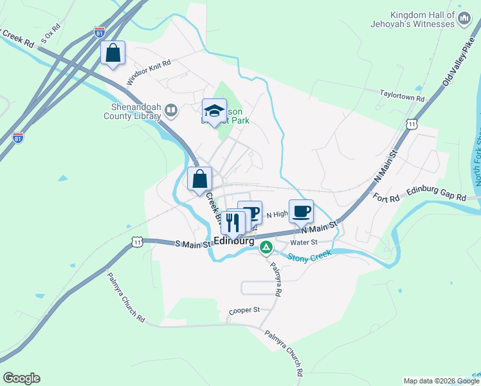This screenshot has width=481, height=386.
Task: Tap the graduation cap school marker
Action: [215, 111]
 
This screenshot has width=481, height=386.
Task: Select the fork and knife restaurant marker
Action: [232, 222]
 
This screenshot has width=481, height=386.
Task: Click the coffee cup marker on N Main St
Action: [301, 210]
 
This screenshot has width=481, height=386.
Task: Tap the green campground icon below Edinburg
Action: [266, 246]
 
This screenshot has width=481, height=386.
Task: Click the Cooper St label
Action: [244, 310]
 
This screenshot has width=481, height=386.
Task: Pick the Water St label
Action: [304, 243]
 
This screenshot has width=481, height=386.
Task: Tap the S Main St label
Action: [193, 244]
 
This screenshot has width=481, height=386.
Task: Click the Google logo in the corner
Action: [21, 378]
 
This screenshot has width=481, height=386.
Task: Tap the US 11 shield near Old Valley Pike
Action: [417, 122]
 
